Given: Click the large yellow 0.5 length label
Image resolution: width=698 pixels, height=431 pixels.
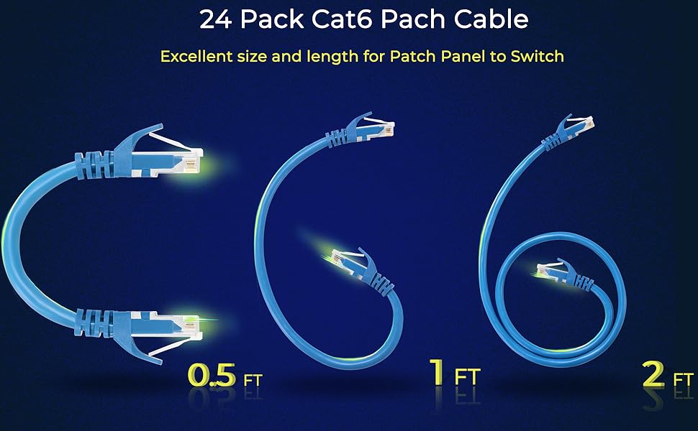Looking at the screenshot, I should (212, 375).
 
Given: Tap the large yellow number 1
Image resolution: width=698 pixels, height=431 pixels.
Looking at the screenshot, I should (436, 374).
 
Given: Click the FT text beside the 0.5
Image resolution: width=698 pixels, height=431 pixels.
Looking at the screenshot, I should (253, 379).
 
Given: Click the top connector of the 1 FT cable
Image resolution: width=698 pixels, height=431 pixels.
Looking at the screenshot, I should (375, 127).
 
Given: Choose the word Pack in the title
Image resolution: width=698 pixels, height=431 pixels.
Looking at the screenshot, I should (268, 19).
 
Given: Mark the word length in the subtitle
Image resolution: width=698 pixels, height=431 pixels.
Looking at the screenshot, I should (334, 56).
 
